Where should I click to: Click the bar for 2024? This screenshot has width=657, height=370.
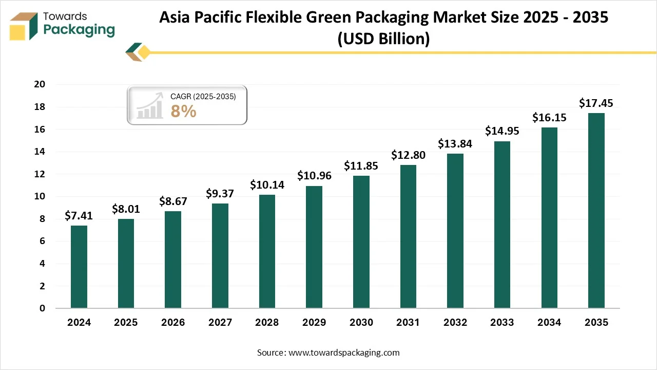79,267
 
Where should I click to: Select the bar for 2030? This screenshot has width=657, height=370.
361,242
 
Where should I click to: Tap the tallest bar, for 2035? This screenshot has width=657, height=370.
596,211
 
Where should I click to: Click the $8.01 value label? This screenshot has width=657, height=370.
126,209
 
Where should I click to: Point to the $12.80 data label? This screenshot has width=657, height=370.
408,155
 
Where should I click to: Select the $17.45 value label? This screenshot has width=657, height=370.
596,103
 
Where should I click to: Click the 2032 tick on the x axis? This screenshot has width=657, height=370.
455,323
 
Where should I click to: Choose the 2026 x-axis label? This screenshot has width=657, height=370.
173,323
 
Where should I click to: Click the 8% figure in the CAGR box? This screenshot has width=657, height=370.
183,111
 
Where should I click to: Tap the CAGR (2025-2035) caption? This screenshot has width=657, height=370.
203,96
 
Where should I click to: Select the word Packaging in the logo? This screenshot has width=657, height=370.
79,29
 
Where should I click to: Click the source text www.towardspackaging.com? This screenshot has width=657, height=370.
344,353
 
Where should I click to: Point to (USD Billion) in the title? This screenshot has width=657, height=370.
383,39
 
